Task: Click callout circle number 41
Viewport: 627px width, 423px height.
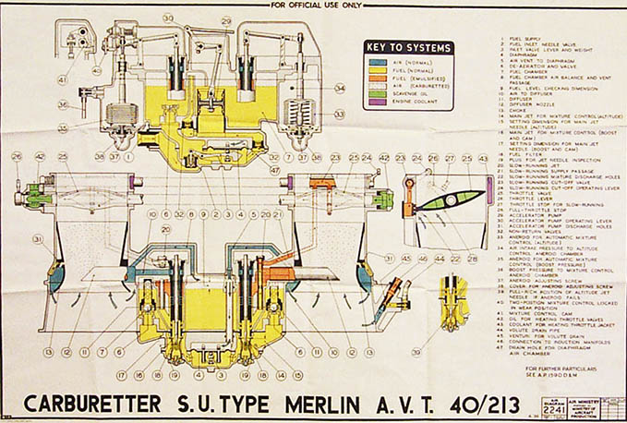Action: pos(64,79)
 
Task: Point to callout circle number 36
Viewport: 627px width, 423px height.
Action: pos(62,104)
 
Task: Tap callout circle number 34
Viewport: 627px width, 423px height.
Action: pos(340,90)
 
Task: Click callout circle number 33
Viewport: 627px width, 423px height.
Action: pos(340,115)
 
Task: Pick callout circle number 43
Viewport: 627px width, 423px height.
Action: pos(483,159)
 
